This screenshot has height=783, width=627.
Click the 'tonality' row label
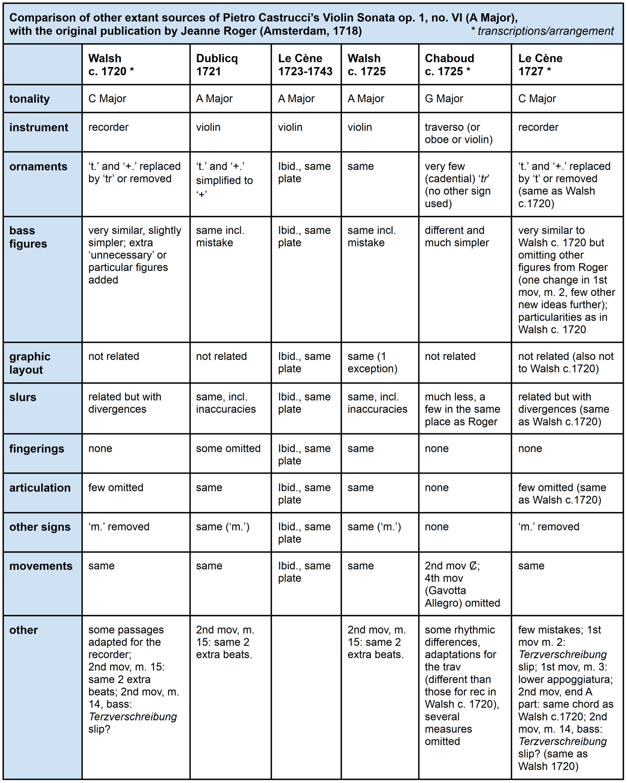tap(29, 99)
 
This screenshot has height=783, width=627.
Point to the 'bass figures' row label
tap(28, 237)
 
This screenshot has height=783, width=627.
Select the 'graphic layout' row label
tap(30, 363)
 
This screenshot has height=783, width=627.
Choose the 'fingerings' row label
tap(37, 449)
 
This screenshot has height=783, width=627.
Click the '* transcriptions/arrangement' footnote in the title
tap(542, 31)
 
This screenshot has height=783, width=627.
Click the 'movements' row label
tap(41, 566)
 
